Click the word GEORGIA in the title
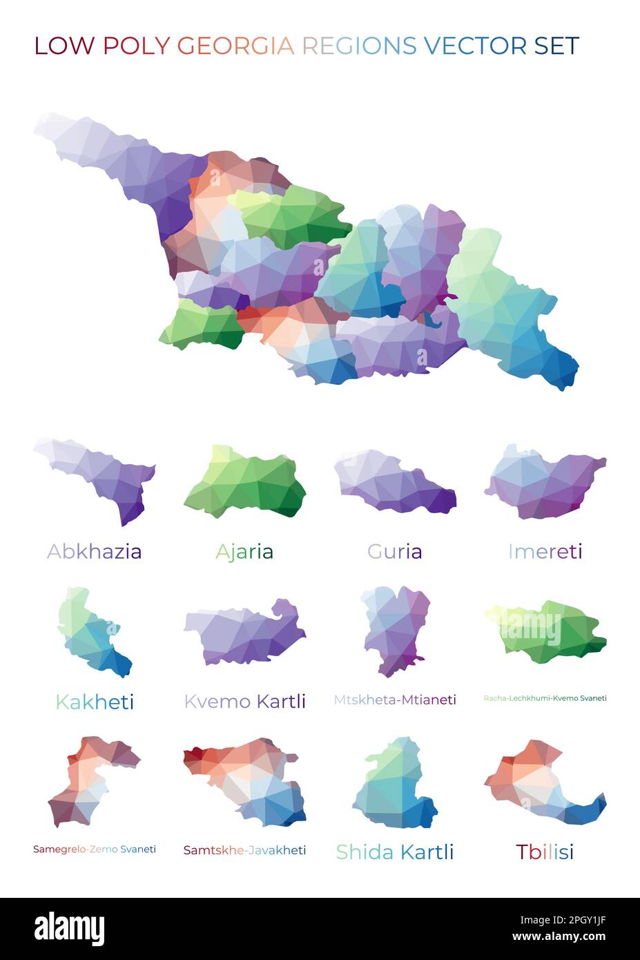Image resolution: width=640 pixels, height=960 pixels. point(235,46)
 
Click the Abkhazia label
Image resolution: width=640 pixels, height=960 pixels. point(95,551)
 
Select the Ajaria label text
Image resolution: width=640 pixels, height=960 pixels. point(244,551)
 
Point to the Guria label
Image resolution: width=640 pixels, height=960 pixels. point(394,551)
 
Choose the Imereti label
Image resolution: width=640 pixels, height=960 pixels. point(545,551)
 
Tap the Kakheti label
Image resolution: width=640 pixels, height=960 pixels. point(95,702)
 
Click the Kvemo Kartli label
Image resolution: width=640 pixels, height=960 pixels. point(244,701)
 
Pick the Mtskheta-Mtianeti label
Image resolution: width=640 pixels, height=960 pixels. point(394,700)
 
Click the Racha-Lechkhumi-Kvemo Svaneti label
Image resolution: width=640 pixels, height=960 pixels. point(545,698)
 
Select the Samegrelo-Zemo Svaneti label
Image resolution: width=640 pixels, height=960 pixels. point(95,849)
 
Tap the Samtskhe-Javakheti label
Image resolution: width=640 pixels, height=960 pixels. point(244,850)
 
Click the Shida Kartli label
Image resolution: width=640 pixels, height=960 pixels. point(394,852)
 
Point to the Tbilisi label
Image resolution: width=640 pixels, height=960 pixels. point(545,852)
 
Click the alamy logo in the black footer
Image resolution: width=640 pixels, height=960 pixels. point(69,928)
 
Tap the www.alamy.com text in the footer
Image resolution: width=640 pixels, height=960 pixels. point(559,937)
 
